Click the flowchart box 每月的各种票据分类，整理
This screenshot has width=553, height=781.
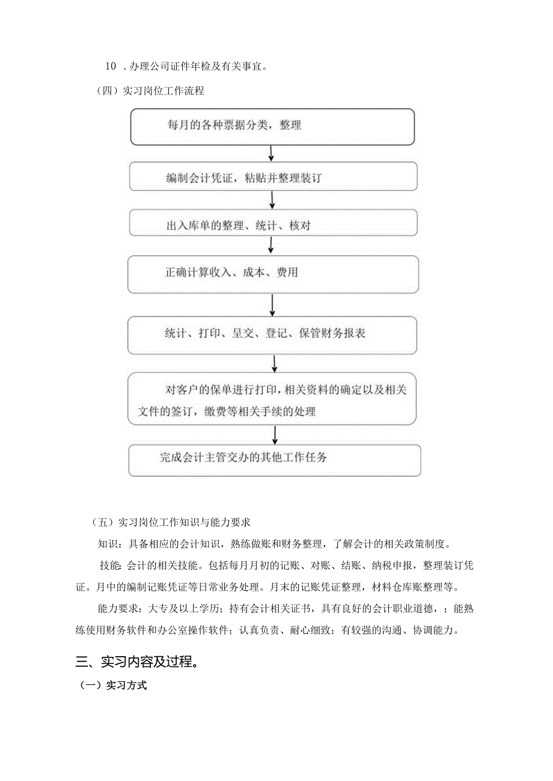click(x=272, y=126)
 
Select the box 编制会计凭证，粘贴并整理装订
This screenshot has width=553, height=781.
click(x=273, y=178)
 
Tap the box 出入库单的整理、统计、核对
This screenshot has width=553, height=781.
click(x=273, y=223)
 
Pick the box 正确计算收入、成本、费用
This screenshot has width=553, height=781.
click(x=273, y=274)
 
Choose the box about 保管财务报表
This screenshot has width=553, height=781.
click(x=273, y=334)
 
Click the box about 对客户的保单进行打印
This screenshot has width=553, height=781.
click(x=272, y=400)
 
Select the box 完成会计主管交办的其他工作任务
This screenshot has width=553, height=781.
click(x=275, y=460)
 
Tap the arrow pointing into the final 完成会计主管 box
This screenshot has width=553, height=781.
click(x=275, y=435)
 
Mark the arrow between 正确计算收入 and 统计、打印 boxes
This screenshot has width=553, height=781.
click(x=273, y=304)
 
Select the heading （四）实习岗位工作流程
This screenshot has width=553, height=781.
click(x=150, y=91)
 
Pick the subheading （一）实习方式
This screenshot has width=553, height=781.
click(x=113, y=685)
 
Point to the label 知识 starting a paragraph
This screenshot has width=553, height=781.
click(x=109, y=544)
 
